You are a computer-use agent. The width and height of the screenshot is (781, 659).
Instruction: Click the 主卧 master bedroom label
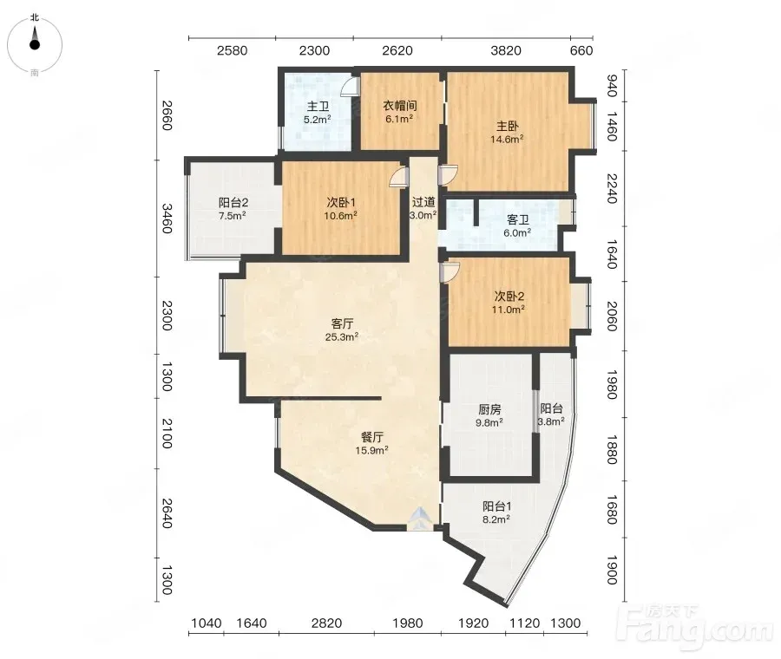(x=507, y=127)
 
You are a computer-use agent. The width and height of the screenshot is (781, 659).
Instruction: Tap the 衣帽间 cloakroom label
(x=399, y=106)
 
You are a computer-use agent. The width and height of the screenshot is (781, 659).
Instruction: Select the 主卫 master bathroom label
(x=318, y=107)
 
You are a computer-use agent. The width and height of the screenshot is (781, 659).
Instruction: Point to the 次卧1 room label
(x=341, y=203)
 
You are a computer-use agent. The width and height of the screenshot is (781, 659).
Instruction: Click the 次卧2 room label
(x=509, y=297)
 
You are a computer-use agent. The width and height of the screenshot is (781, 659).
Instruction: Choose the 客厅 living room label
(x=342, y=323)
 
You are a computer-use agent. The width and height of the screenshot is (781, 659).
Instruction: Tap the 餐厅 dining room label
(x=371, y=437)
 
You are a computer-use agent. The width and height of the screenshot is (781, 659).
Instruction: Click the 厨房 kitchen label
(x=489, y=409)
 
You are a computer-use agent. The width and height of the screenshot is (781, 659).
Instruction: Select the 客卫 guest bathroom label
(x=517, y=219)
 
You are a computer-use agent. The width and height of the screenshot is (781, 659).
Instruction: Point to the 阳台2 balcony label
(x=233, y=203)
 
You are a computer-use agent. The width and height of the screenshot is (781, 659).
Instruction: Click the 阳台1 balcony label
(x=496, y=506)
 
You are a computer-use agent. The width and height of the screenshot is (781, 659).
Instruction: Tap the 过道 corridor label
(x=423, y=202)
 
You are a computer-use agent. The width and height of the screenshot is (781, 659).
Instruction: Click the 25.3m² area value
(x=342, y=337)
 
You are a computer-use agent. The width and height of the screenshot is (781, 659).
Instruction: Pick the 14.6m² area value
(x=507, y=140)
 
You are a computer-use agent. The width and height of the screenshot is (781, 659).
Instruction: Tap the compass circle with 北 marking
(x=35, y=45)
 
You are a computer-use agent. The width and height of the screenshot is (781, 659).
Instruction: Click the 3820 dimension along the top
(x=506, y=50)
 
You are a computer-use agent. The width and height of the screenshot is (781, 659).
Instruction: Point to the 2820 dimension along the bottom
(x=326, y=623)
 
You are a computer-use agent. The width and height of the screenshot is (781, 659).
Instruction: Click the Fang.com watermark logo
(x=694, y=628)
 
